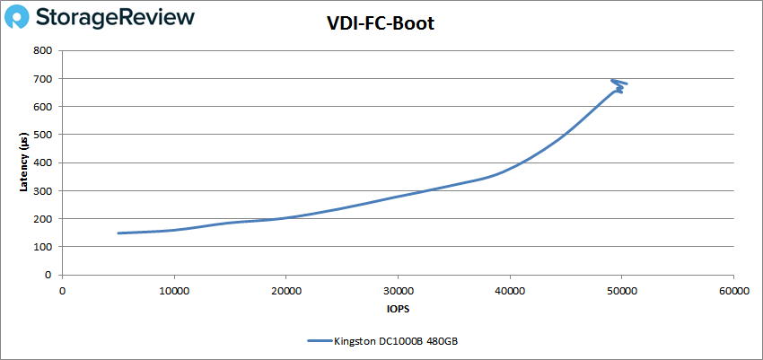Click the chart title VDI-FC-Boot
[381, 24]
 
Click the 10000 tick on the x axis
[173, 290]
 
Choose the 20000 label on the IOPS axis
[285, 290]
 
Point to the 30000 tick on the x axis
[398, 290]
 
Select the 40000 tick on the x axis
[510, 290]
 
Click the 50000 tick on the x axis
[621, 290]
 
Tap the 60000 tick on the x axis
[733, 290]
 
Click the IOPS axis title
[398, 309]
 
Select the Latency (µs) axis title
[24, 162]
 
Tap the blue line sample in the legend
[319, 341]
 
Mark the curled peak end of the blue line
[619, 83]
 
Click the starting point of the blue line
[118, 233]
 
